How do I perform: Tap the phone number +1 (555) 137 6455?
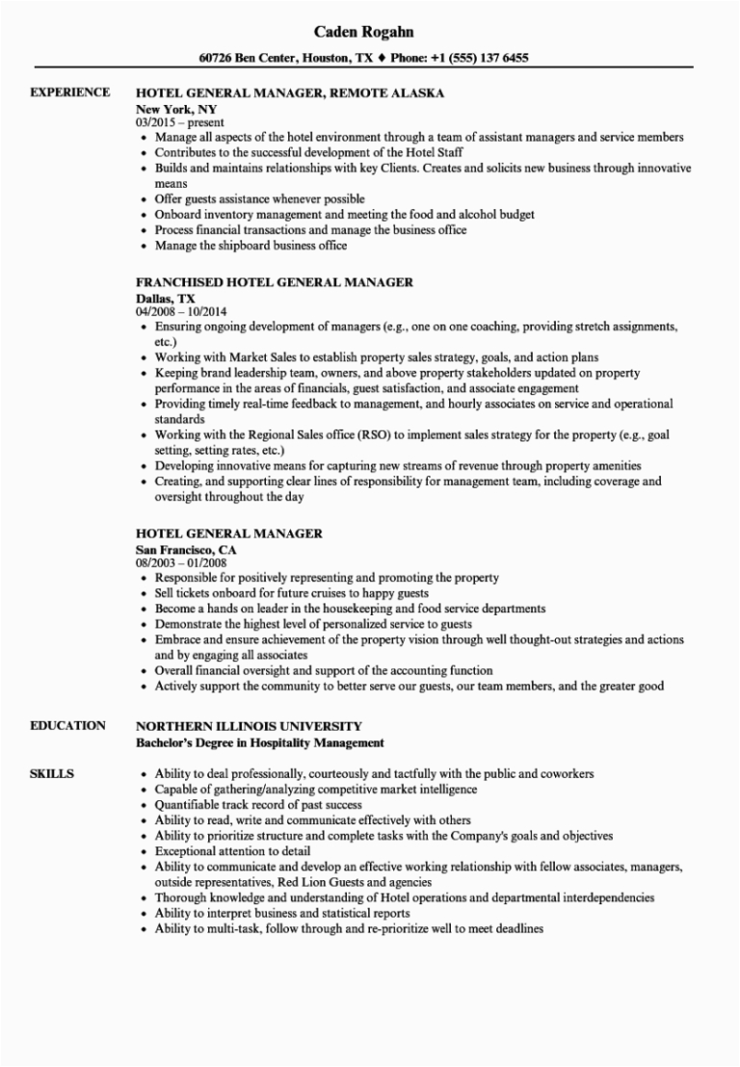pyautogui.click(x=479, y=58)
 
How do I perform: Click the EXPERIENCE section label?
pyautogui.click(x=69, y=92)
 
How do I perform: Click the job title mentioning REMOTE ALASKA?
pyautogui.click(x=290, y=93)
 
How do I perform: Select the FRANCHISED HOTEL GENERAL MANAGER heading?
pyautogui.click(x=275, y=282)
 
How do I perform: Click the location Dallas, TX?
pyautogui.click(x=165, y=298)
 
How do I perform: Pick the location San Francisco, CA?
pyautogui.click(x=185, y=549)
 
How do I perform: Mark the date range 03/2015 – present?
pyautogui.click(x=180, y=122)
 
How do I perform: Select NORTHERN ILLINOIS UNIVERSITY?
pyautogui.click(x=249, y=725)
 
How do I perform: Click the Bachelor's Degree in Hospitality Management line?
pyautogui.click(x=260, y=742)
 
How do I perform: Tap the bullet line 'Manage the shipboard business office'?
pyautogui.click(x=251, y=246)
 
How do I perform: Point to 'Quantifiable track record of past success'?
pyautogui.click(x=258, y=805)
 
